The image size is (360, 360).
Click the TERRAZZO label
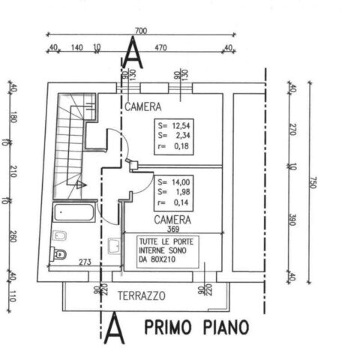(x=142, y=296)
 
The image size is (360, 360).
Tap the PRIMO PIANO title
(x=197, y=327)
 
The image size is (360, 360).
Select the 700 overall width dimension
(x=141, y=31)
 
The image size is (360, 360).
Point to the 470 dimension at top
(x=160, y=47)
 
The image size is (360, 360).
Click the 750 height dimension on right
(x=313, y=182)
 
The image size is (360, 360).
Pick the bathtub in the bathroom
(x=74, y=212)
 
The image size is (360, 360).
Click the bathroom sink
(x=114, y=246)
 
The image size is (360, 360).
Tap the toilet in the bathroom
(x=58, y=254)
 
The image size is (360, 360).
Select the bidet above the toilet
(x=60, y=235)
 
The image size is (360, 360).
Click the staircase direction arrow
(x=81, y=185)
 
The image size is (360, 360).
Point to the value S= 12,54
(x=174, y=125)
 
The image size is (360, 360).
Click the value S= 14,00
(x=174, y=182)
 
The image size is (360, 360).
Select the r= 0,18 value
(x=173, y=146)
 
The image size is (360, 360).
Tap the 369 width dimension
(x=173, y=229)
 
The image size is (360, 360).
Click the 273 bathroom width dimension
(x=85, y=262)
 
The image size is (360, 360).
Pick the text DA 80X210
(x=157, y=259)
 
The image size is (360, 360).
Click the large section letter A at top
(x=133, y=52)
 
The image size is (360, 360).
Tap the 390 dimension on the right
(x=292, y=220)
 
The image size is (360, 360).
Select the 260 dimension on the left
(x=13, y=236)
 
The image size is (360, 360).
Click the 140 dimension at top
(x=77, y=47)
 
